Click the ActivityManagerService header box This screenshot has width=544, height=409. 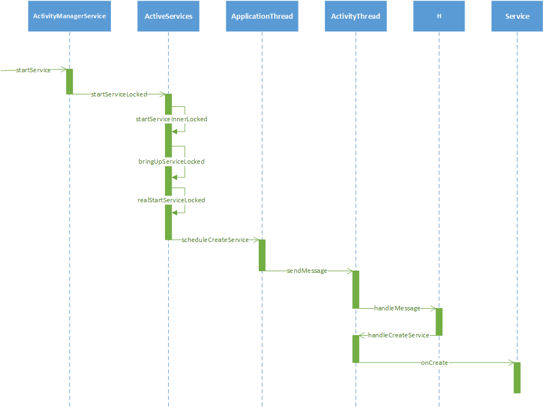pyautogui.click(x=70, y=16)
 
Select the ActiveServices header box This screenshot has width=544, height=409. pyautogui.click(x=168, y=16)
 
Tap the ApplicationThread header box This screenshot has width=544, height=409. pyautogui.click(x=262, y=16)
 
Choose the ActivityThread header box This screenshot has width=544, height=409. pyautogui.click(x=355, y=16)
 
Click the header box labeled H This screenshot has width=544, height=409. pyautogui.click(x=439, y=16)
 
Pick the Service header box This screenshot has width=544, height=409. pyautogui.click(x=517, y=16)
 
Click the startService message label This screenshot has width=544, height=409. pyautogui.click(x=34, y=70)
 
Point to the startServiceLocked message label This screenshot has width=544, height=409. pyautogui.click(x=119, y=94)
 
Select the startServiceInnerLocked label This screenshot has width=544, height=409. pyautogui.click(x=172, y=119)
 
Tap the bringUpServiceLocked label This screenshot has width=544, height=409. pyautogui.click(x=171, y=162)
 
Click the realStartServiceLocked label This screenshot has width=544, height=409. pyautogui.click(x=171, y=200)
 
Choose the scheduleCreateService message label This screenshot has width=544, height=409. pyautogui.click(x=215, y=240)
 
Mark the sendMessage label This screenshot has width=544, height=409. pyautogui.click(x=307, y=271)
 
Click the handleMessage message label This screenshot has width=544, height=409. pyautogui.click(x=397, y=308)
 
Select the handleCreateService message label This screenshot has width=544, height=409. pyautogui.click(x=398, y=335)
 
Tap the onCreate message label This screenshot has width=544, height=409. pyautogui.click(x=434, y=363)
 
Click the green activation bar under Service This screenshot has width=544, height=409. pyautogui.click(x=517, y=378)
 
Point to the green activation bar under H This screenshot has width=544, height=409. pyautogui.click(x=439, y=322)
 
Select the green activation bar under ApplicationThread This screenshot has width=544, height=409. pyautogui.click(x=262, y=255)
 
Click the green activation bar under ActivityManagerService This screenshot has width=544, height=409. pyautogui.click(x=70, y=82)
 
